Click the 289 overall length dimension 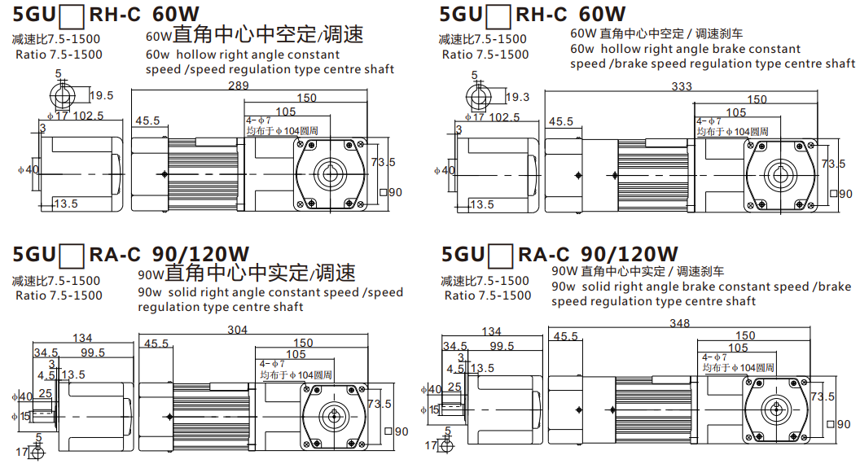pyautogui.click(x=238, y=86)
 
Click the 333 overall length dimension pyautogui.click(x=681, y=86)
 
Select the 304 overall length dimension pyautogui.click(x=238, y=330)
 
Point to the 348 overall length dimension pyautogui.click(x=679, y=324)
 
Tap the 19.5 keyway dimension pyautogui.click(x=102, y=95)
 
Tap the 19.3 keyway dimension pyautogui.click(x=517, y=97)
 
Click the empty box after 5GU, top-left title pyautogui.click(x=72, y=16)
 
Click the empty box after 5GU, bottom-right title pyautogui.click(x=500, y=256)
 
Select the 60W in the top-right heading pyautogui.click(x=602, y=14)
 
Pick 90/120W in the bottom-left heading pyautogui.click(x=200, y=254)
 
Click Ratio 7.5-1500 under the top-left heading pyautogui.click(x=59, y=55)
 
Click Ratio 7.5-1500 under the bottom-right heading pyautogui.click(x=488, y=295)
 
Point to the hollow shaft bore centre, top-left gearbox pyautogui.click(x=330, y=175)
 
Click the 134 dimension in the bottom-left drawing pyautogui.click(x=82, y=338)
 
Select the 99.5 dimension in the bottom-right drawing pyautogui.click(x=502, y=346)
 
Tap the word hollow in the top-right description pyautogui.click(x=621, y=49)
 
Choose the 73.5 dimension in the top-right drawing pyautogui.click(x=834, y=164)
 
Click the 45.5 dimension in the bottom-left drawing pyautogui.click(x=156, y=344)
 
